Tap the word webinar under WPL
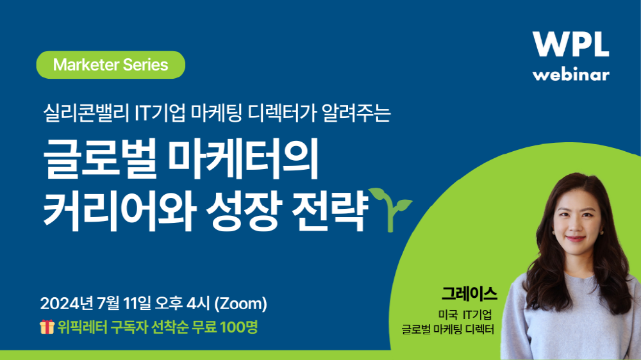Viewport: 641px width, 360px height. point(570,75)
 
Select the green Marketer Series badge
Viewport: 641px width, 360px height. point(111,65)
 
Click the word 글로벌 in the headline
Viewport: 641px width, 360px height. point(100,160)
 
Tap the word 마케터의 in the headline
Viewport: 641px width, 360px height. point(243,160)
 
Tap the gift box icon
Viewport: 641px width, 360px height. point(47,327)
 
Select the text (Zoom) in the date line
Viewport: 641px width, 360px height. point(241,304)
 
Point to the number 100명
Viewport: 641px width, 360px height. point(238,327)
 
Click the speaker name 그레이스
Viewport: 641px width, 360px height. point(469,294)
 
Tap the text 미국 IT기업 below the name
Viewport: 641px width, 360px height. point(465,315)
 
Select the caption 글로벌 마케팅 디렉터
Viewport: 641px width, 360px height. point(447,329)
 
